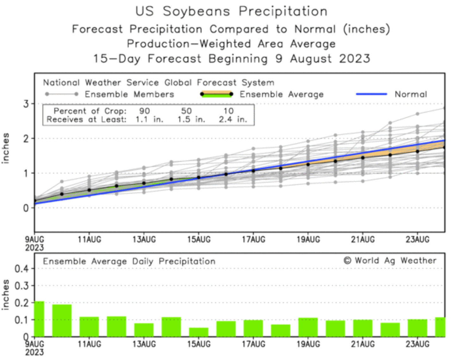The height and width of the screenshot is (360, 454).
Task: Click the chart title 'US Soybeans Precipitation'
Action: click(x=231, y=11)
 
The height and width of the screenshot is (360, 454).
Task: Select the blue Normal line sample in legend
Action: click(x=371, y=94)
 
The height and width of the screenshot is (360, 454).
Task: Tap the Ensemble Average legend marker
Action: click(x=217, y=94)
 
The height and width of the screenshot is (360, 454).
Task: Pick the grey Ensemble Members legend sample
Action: click(x=62, y=94)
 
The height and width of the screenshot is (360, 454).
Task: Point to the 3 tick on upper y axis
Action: click(x=26, y=104)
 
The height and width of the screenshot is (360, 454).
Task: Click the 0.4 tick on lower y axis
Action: click(x=22, y=269)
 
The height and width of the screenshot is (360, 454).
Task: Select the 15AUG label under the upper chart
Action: click(x=199, y=240)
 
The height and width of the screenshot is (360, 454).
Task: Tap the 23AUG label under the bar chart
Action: click(x=417, y=344)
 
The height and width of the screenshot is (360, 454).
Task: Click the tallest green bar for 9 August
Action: click(x=39, y=319)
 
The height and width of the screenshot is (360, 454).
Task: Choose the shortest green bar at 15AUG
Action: click(x=199, y=332)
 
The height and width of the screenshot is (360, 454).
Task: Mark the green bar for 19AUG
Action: click(x=308, y=327)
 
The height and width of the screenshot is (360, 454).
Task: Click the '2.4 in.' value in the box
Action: click(x=233, y=119)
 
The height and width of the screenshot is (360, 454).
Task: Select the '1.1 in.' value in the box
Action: click(x=149, y=119)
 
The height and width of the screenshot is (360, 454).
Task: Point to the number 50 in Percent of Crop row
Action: click(x=186, y=111)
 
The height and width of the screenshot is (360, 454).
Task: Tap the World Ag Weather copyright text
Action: click(x=390, y=260)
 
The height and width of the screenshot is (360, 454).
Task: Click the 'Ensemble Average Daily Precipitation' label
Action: click(x=129, y=261)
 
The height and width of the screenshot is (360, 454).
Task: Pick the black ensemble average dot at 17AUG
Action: click(x=253, y=171)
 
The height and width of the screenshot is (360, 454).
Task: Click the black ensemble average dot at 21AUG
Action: click(x=363, y=157)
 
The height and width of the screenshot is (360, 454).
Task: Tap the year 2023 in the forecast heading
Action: click(x=354, y=59)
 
